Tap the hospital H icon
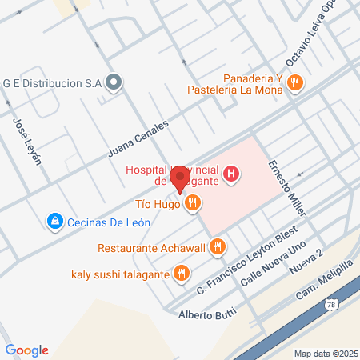coord(231,173)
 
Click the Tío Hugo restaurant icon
coord(191,206)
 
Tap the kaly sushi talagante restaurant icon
coord(182,273)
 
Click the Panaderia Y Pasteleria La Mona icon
coord(296,82)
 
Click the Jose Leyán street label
coord(26,141)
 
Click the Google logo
coord(27,350)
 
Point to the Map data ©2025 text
coord(324,354)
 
